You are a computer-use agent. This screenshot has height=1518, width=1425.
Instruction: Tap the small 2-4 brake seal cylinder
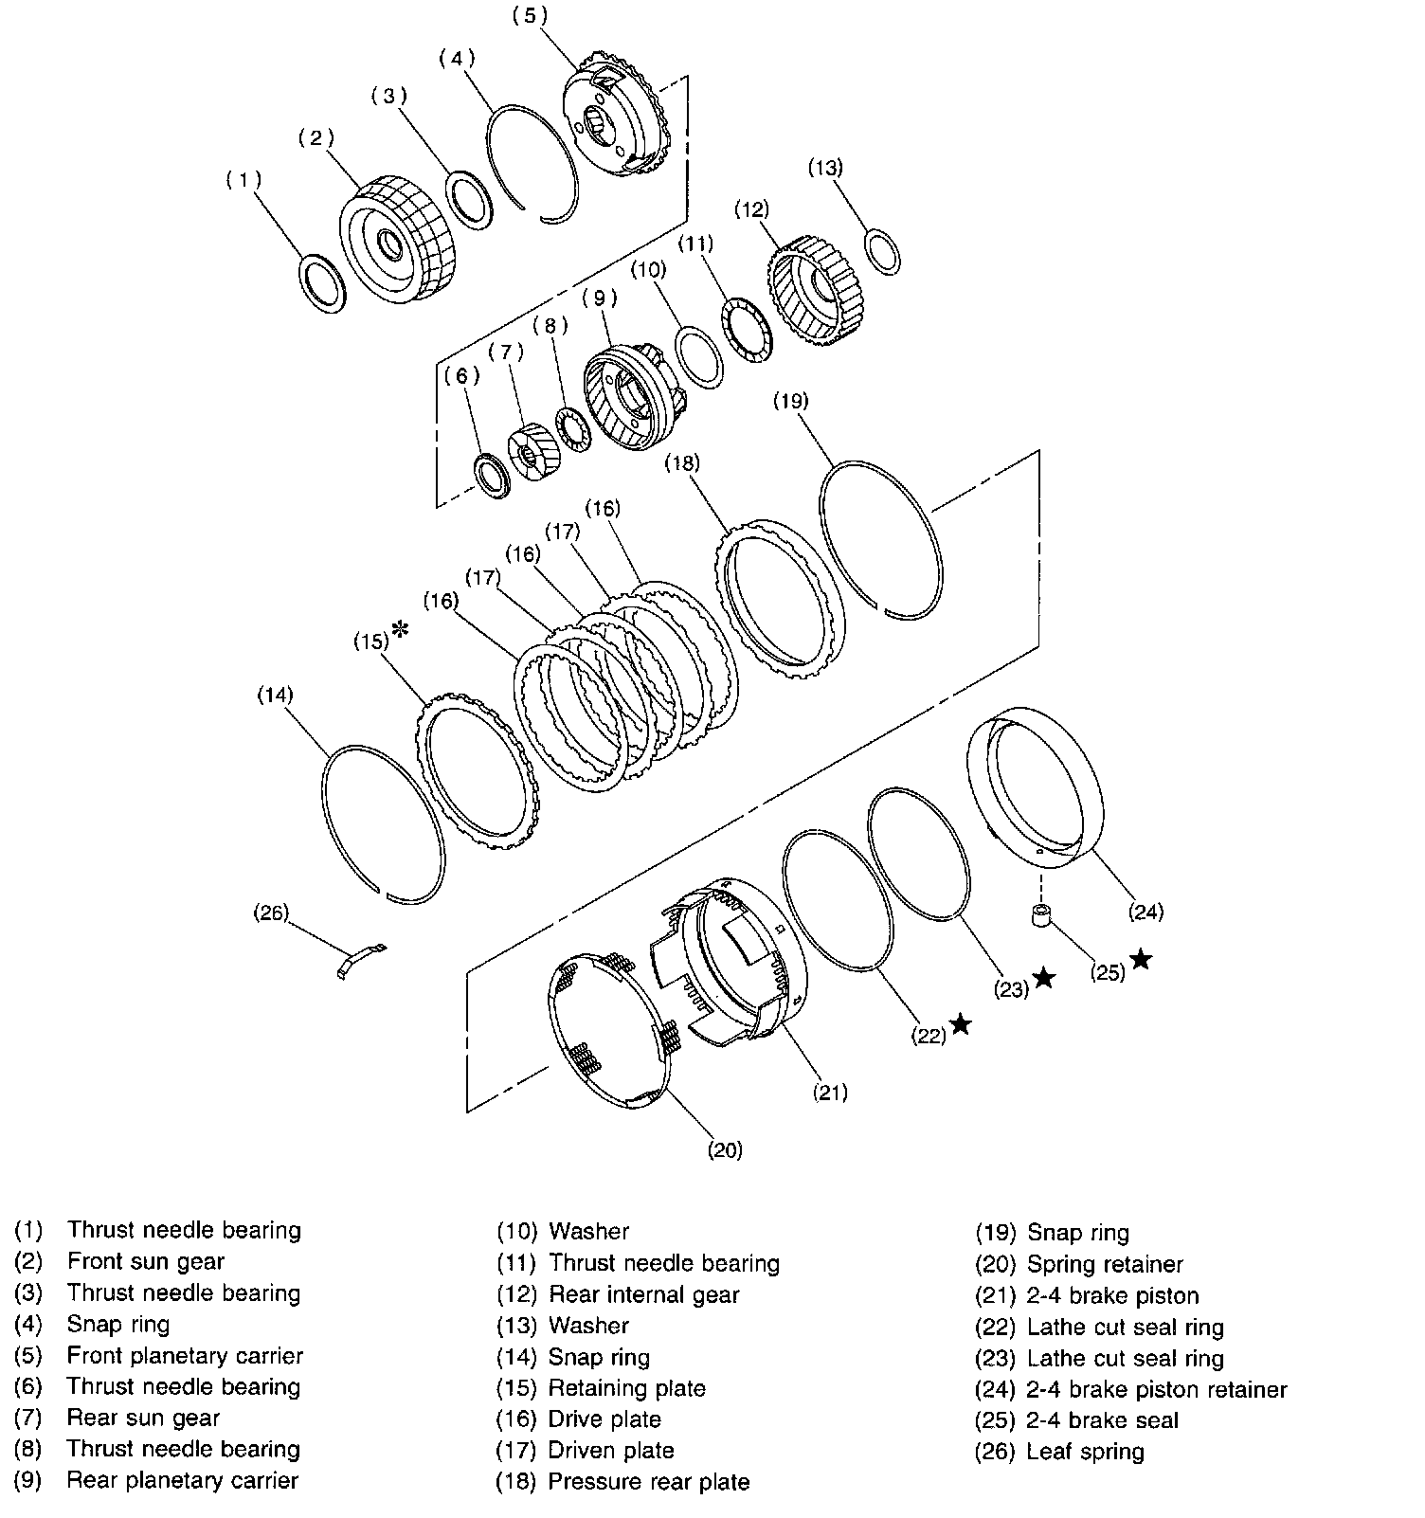tap(1041, 916)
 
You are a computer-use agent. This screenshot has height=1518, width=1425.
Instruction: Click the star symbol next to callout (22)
tap(961, 1023)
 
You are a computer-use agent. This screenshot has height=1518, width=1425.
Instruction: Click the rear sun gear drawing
tap(533, 453)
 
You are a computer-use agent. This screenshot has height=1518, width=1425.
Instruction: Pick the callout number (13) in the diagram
tap(824, 168)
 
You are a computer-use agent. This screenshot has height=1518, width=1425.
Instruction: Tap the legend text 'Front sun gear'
tap(146, 1262)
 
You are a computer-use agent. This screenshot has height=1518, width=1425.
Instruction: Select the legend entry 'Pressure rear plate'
tap(649, 1482)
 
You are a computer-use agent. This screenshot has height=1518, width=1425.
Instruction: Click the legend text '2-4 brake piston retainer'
tap(1156, 1390)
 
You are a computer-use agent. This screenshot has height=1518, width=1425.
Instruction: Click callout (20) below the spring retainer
tap(725, 1150)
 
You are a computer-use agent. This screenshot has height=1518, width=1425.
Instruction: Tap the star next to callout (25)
tap(1141, 960)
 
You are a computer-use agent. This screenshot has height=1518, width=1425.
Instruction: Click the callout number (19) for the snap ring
tap(790, 401)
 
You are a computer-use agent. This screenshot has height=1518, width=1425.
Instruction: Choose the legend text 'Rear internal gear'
tap(643, 1294)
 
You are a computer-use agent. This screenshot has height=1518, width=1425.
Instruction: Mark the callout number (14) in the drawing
tap(275, 696)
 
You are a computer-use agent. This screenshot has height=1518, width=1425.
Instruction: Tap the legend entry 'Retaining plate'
tap(626, 1389)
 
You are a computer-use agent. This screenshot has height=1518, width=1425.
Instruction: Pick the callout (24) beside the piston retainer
tap(1145, 913)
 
